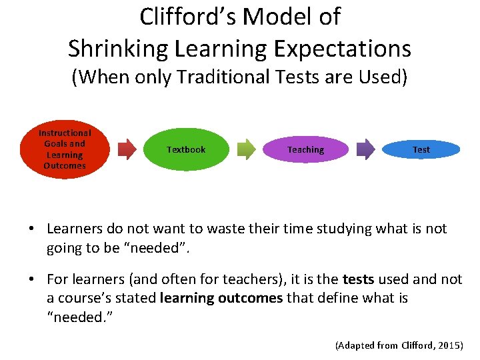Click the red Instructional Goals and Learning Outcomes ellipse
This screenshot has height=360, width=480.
point(65,149)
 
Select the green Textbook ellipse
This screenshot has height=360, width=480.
point(186,149)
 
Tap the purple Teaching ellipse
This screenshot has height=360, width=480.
point(305,149)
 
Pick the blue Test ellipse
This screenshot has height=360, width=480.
point(421,149)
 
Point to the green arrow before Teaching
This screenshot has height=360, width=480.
point(246,149)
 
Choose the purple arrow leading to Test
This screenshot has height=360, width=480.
point(365,149)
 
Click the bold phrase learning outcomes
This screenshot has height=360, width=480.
point(221,297)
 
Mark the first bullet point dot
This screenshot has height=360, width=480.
point(31,229)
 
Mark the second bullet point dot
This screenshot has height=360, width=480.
point(31,280)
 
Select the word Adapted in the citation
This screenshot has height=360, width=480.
point(357,345)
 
